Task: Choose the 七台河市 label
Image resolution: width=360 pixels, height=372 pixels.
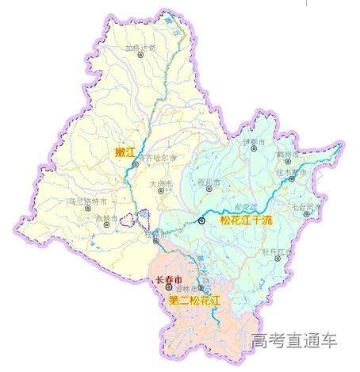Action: pyautogui.click(x=306, y=207)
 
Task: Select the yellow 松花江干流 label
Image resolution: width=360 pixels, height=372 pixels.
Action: pyautogui.click(x=246, y=220)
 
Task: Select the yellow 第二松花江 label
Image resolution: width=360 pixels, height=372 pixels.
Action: pyautogui.click(x=194, y=301)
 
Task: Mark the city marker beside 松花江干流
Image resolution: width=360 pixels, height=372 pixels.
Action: pyautogui.click(x=202, y=221)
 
